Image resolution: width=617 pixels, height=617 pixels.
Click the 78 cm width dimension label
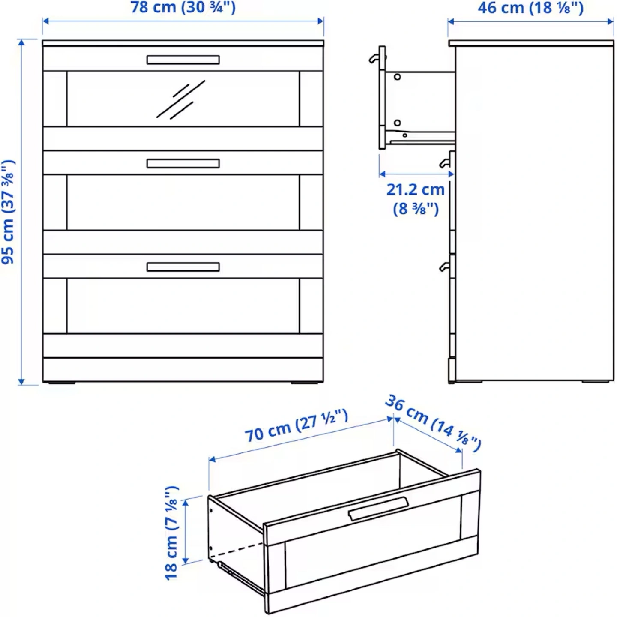point(183,8)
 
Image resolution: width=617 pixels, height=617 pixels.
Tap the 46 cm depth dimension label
point(530,8)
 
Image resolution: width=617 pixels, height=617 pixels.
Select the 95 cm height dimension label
point(8,212)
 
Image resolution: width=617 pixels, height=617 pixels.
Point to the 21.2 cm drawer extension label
point(416,199)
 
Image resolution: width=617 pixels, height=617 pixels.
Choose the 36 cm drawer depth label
point(433,423)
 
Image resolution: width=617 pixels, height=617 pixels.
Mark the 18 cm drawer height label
point(171,533)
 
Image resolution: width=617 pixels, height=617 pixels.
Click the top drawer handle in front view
point(183,60)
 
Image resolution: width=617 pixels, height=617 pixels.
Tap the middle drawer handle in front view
point(183,163)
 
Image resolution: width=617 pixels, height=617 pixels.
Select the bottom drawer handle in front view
point(183,267)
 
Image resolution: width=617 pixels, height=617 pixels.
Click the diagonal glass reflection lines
point(180,99)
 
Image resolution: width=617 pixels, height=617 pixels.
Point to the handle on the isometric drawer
point(378,509)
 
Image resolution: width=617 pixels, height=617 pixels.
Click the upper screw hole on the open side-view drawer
point(397,77)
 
